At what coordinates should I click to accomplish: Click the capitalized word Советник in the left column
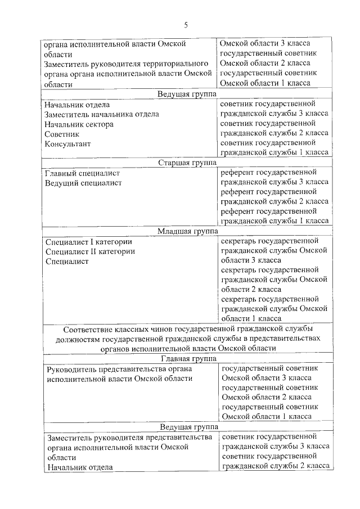click(x=62, y=134)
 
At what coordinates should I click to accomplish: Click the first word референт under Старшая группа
click(x=238, y=172)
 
